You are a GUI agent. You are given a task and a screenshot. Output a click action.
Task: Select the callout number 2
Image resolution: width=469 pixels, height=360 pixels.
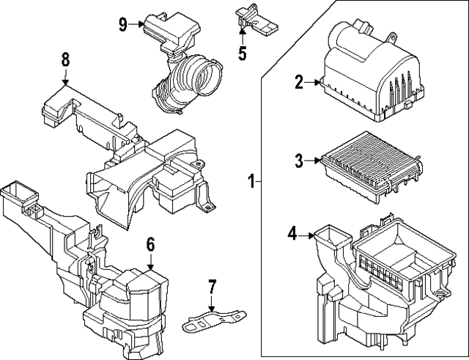[x=299, y=82]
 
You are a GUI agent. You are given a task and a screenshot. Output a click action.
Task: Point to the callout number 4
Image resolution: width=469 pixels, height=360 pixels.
[x=292, y=235]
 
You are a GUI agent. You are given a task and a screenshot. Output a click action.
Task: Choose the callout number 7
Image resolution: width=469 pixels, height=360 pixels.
[x=212, y=285]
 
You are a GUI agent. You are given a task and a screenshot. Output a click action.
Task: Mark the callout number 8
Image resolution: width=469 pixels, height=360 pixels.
[x=65, y=59]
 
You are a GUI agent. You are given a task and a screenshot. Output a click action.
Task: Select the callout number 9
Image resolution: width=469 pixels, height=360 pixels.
[x=123, y=23]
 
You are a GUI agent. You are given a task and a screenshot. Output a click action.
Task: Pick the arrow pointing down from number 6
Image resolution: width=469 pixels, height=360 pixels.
[x=151, y=262]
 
